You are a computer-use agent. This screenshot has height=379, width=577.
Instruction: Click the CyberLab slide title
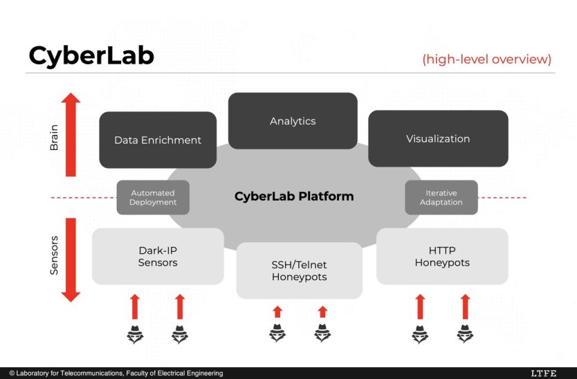pyautogui.click(x=91, y=57)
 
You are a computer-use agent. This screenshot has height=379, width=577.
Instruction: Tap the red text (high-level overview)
pyautogui.click(x=487, y=59)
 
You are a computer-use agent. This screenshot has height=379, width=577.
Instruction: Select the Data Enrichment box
pyautogui.click(x=158, y=140)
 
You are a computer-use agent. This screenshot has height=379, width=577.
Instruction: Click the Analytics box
pyautogui.click(x=293, y=121)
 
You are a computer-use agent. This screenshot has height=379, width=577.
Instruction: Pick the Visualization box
pyautogui.click(x=438, y=138)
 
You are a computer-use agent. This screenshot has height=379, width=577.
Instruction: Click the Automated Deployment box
pyautogui.click(x=153, y=198)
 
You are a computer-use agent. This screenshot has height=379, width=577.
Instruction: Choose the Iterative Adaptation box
pyautogui.click(x=441, y=198)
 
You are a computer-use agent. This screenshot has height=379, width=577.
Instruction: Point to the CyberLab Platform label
pyautogui.click(x=294, y=196)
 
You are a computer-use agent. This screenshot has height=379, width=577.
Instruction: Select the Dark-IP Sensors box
pyautogui.click(x=158, y=257)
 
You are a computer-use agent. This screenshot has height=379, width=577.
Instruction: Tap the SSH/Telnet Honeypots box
pyautogui.click(x=299, y=270)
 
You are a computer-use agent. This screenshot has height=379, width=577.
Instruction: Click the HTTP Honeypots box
pyautogui.click(x=442, y=257)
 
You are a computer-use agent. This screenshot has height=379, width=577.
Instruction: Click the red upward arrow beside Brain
pyautogui.click(x=71, y=134)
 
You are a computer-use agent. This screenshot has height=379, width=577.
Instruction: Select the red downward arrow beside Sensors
pyautogui.click(x=71, y=260)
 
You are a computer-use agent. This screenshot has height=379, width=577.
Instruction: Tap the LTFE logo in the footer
pyautogui.click(x=543, y=373)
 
